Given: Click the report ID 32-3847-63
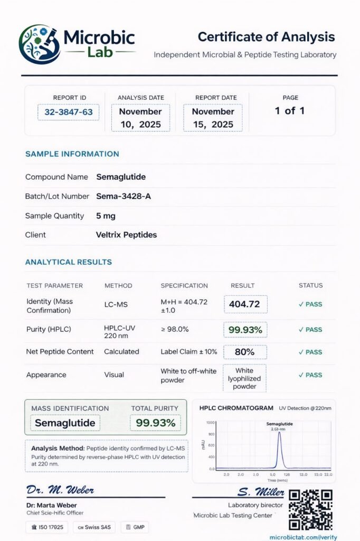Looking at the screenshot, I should point(69,112).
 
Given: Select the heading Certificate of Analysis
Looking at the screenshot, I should point(266,37).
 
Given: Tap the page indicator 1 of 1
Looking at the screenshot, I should point(290,111).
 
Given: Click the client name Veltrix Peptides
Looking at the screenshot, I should point(126,235).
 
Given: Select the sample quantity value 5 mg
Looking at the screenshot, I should point(106,216).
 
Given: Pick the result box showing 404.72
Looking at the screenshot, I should point(245,304).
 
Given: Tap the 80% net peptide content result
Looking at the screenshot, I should point(245,352).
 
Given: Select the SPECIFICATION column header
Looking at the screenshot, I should point(184,286).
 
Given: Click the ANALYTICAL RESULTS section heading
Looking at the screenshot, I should point(69,262).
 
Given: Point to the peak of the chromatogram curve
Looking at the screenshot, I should point(279,433).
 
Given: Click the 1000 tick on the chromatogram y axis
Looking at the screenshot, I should point(211,423).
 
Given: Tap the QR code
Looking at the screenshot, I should point(310,510).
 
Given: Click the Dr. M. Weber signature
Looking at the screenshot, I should point(60,490).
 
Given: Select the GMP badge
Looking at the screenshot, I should point(135,527).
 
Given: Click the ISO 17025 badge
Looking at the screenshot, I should point(48,527).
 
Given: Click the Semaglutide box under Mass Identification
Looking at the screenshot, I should point(65,423).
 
